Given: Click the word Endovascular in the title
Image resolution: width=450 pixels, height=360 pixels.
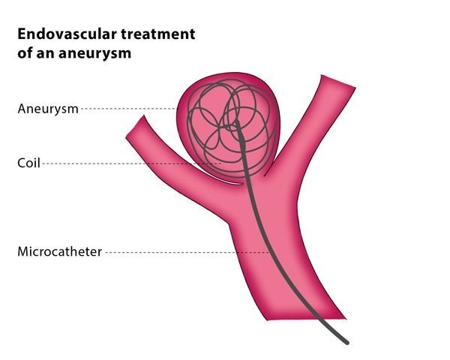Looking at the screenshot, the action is (67, 34).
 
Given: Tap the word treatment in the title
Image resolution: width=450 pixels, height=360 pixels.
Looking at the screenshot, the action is (158, 34).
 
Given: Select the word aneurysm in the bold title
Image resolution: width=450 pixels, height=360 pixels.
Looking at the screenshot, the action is (95, 53).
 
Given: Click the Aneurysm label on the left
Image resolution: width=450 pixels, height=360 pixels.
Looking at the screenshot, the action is (48, 109).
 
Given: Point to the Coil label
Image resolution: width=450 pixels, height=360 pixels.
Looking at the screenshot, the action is (28, 163).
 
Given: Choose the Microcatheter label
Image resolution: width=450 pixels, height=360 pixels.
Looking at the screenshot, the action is (60, 252).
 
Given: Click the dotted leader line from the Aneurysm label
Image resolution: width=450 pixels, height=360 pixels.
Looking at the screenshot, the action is (128, 109).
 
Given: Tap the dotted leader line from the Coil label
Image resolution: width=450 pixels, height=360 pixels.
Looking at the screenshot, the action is (132, 163).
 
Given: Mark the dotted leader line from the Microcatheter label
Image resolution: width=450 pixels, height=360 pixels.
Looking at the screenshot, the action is (187, 252).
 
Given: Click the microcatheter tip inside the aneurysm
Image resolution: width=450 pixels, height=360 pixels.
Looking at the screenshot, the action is (237, 122).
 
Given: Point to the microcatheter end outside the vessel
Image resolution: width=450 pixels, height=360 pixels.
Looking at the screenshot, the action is (346, 343).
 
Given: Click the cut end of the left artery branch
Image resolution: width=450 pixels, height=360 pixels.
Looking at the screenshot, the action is (135, 126).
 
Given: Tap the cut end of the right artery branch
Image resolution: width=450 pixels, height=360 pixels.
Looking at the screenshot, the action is (339, 81).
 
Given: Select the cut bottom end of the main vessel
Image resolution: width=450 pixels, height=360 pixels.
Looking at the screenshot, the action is (306, 319).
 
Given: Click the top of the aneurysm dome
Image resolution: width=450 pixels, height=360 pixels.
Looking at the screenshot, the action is (235, 73).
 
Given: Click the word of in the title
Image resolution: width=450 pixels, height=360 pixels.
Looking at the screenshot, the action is (25, 52).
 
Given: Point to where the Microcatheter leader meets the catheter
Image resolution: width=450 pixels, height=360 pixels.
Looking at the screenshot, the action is (269, 252).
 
